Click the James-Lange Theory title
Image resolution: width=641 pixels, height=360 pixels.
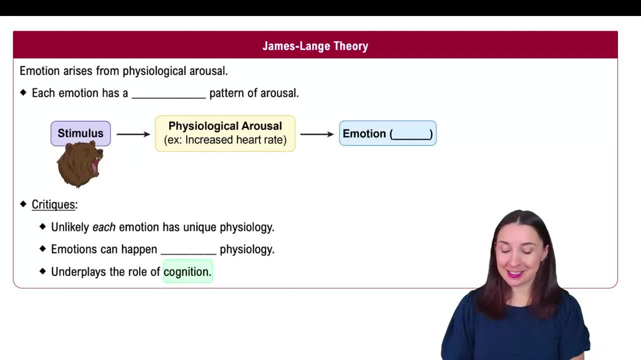click(x=315, y=46)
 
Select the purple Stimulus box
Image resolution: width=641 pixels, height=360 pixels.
click(x=81, y=133)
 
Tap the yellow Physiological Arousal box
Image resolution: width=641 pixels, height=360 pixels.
click(x=225, y=133)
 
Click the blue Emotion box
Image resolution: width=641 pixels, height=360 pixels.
click(x=387, y=133)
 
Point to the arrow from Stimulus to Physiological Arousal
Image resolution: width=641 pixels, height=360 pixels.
click(x=133, y=134)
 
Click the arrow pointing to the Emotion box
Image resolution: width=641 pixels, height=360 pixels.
click(x=317, y=134)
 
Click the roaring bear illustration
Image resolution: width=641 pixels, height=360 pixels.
click(x=80, y=165)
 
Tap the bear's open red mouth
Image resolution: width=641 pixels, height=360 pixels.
click(x=96, y=165)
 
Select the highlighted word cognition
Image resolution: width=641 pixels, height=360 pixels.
click(x=187, y=272)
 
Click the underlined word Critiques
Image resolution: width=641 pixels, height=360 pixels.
click(x=54, y=205)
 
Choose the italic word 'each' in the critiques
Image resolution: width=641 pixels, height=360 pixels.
click(x=104, y=227)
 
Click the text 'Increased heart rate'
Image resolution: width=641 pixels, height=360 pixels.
click(x=235, y=140)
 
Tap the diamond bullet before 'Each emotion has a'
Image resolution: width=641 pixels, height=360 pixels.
click(x=24, y=93)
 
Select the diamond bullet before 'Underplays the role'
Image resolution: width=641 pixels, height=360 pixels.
click(x=43, y=272)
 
